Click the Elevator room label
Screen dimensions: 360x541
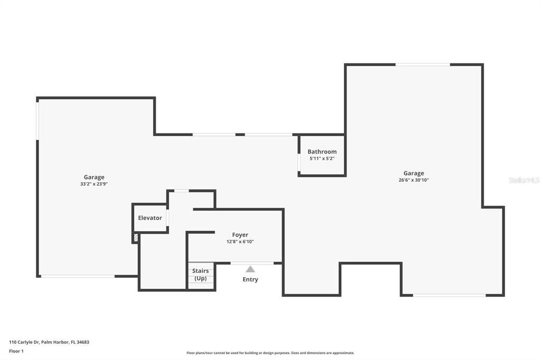[x=150, y=218]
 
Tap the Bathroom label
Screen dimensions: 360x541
[x=322, y=151]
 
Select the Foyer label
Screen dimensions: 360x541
[x=240, y=235]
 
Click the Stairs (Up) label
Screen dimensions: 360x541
[x=200, y=274]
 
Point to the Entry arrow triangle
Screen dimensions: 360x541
[x=250, y=269]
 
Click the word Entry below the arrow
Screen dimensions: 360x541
[x=250, y=279]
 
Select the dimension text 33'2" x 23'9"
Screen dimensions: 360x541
[x=94, y=184]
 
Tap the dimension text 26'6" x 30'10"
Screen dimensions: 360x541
[x=414, y=180]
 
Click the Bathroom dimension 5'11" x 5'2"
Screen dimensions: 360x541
[x=322, y=158]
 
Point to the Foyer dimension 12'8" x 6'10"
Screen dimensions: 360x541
[x=240, y=242]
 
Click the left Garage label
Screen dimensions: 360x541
[x=94, y=177]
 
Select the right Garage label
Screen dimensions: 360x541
[x=414, y=173]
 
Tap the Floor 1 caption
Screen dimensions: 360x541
[x=16, y=350]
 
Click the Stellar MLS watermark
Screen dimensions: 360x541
[x=524, y=180]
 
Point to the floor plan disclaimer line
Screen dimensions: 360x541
[x=270, y=353]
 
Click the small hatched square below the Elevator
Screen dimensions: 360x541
[x=136, y=238]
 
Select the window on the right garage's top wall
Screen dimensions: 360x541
[x=423, y=64]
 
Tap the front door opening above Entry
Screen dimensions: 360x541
[x=252, y=263]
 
